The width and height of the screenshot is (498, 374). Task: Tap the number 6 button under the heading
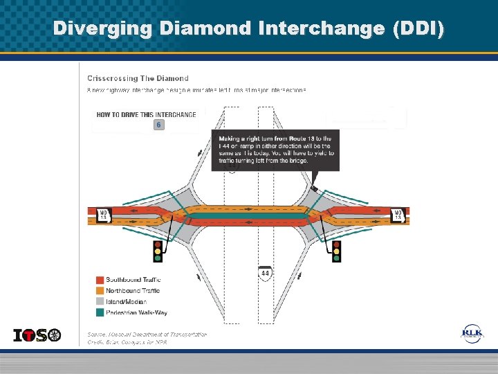159,125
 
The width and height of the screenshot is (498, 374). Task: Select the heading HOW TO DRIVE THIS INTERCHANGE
146,115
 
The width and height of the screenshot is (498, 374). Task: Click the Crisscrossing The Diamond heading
138,78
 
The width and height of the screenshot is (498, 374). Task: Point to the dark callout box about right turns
275,150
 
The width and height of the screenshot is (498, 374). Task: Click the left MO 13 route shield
103,215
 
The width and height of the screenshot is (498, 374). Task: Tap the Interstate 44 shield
266,273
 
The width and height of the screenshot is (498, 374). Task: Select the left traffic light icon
158,251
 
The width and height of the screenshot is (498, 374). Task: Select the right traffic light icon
337,251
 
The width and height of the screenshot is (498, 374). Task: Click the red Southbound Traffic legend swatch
100,280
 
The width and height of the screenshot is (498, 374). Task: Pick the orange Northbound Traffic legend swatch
100,291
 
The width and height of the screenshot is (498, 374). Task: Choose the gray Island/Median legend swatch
100,302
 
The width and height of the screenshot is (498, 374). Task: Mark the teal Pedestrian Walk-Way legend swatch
100,313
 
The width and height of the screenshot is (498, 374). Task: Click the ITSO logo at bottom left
37,335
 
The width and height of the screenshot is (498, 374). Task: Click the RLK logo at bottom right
473,334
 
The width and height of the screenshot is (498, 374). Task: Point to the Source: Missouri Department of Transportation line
147,334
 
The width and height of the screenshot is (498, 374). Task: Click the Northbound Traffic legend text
133,291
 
